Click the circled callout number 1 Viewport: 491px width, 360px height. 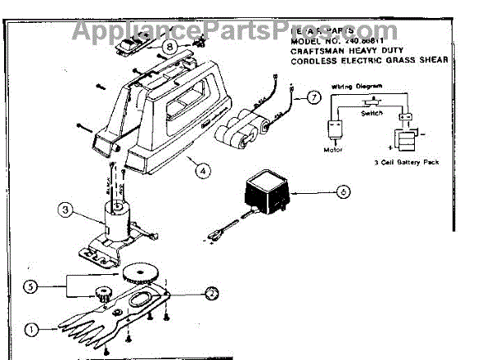point(30,330)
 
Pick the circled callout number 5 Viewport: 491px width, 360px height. point(31,286)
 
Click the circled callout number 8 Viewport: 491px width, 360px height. point(169,47)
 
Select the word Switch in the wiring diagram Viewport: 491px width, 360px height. point(372,114)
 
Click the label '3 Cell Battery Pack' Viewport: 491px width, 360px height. point(410,163)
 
